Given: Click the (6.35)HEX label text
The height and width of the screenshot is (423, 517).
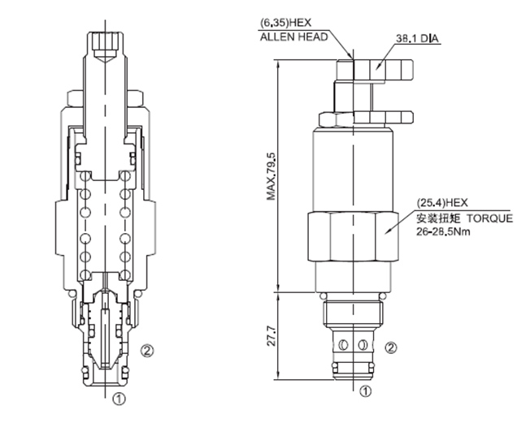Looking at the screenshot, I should (285, 23).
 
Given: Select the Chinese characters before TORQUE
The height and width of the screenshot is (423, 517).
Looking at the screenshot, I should (438, 218).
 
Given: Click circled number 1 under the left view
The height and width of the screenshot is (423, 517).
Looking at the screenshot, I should (119, 399).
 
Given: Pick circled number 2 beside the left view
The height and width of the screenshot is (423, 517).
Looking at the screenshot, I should (146, 351).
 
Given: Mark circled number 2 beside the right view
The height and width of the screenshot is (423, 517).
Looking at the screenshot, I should (392, 348).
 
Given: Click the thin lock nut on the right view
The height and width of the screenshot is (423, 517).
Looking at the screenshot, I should (351, 119).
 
